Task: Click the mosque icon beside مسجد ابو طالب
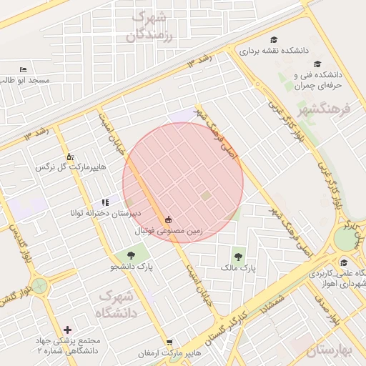coord(23,70)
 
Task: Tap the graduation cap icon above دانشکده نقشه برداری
coord(273,40)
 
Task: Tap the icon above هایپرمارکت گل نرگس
coord(69,156)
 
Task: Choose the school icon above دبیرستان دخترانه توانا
coord(105,203)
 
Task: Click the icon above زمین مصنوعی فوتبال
coord(169,219)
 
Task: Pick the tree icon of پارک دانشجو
coord(131,254)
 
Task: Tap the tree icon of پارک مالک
coord(237,256)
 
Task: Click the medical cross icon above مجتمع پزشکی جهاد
coord(68,330)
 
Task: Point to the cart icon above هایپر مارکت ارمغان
coord(169,342)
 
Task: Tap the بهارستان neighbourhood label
coord(330,351)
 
